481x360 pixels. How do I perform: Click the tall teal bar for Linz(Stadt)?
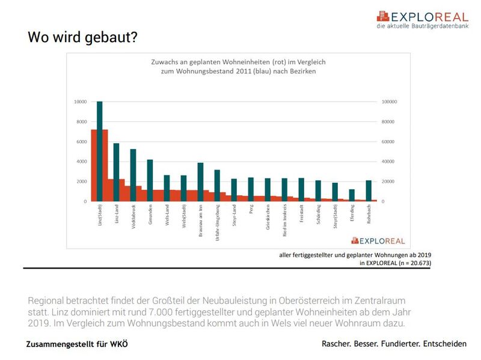[100, 150]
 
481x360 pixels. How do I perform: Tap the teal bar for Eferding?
[352, 195]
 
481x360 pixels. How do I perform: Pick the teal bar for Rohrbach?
[369, 190]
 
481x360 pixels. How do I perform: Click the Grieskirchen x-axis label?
[268, 216]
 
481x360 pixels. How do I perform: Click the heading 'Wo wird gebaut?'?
[82, 38]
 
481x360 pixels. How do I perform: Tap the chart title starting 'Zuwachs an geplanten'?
[237, 61]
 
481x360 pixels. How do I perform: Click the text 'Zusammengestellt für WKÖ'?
[77, 344]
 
